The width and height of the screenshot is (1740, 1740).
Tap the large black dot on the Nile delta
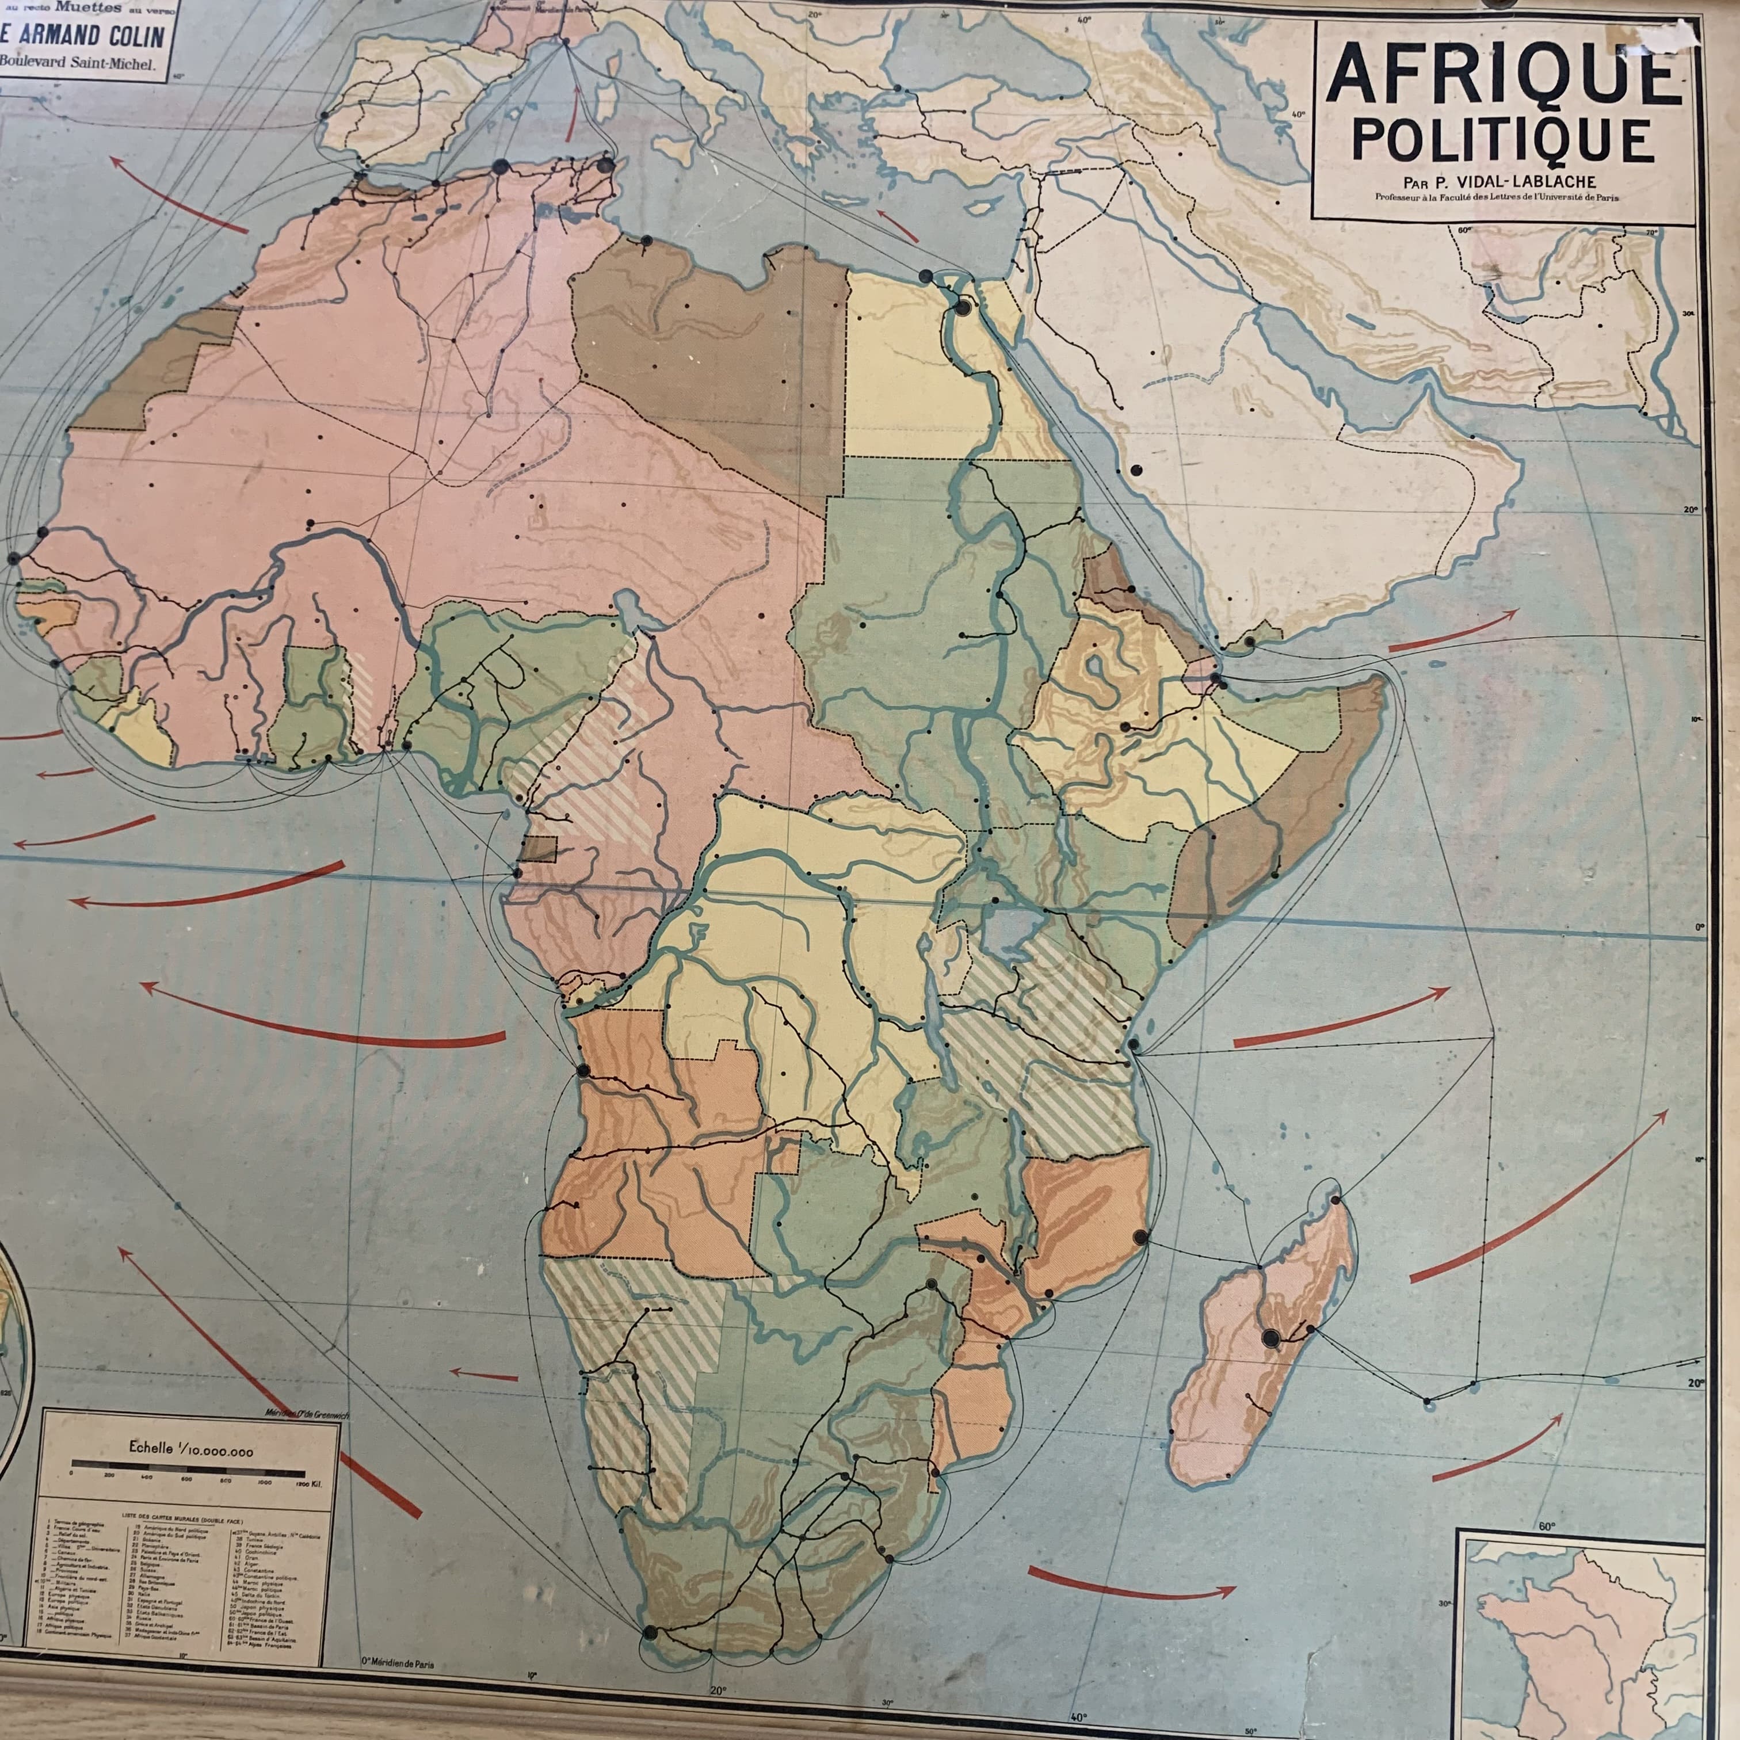click(962, 308)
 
